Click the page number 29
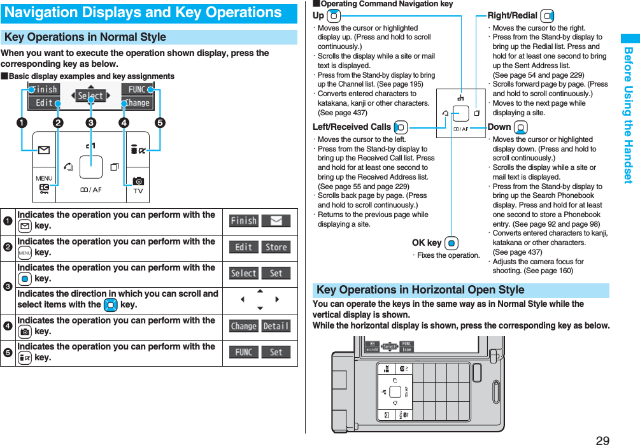[x=602, y=439]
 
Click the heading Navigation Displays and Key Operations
[x=143, y=13]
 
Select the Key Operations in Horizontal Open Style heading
[x=420, y=290]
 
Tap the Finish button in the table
[x=244, y=221]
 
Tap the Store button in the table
[x=276, y=247]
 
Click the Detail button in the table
[x=276, y=326]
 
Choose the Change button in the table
[x=244, y=326]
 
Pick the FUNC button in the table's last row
[x=244, y=352]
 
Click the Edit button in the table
[x=244, y=247]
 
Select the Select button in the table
[x=244, y=273]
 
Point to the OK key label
[x=427, y=243]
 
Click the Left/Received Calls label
[x=352, y=127]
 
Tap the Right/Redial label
[x=513, y=15]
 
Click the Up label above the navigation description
[x=318, y=15]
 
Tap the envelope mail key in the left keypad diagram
[x=44, y=151]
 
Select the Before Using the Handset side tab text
[x=629, y=115]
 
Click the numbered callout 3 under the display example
[x=90, y=123]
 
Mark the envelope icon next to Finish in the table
[x=276, y=221]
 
